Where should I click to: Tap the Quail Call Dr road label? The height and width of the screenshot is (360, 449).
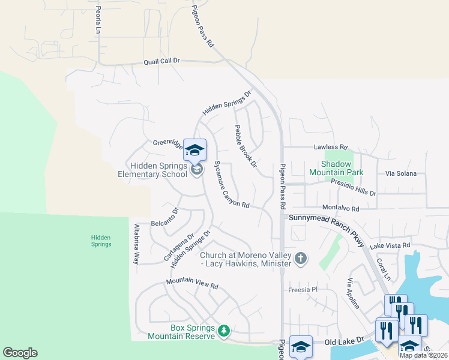coord(161,61)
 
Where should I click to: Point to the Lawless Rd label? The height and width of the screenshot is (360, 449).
coord(331,146)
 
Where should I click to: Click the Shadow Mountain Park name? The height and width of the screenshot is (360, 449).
coord(336,167)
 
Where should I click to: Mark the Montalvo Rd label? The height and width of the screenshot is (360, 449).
coord(340,209)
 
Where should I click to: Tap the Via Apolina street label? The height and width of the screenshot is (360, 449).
coord(353,294)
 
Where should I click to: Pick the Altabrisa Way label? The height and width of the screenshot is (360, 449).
coord(136,244)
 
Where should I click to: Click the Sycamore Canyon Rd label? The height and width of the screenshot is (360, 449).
coord(231,184)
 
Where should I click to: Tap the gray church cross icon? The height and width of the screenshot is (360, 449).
coord(301,259)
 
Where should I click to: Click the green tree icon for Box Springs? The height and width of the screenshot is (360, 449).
coord(224,331)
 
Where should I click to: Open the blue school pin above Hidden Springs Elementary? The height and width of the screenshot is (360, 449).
coord(195,150)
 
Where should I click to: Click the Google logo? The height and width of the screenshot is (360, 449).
coord(20,353)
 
